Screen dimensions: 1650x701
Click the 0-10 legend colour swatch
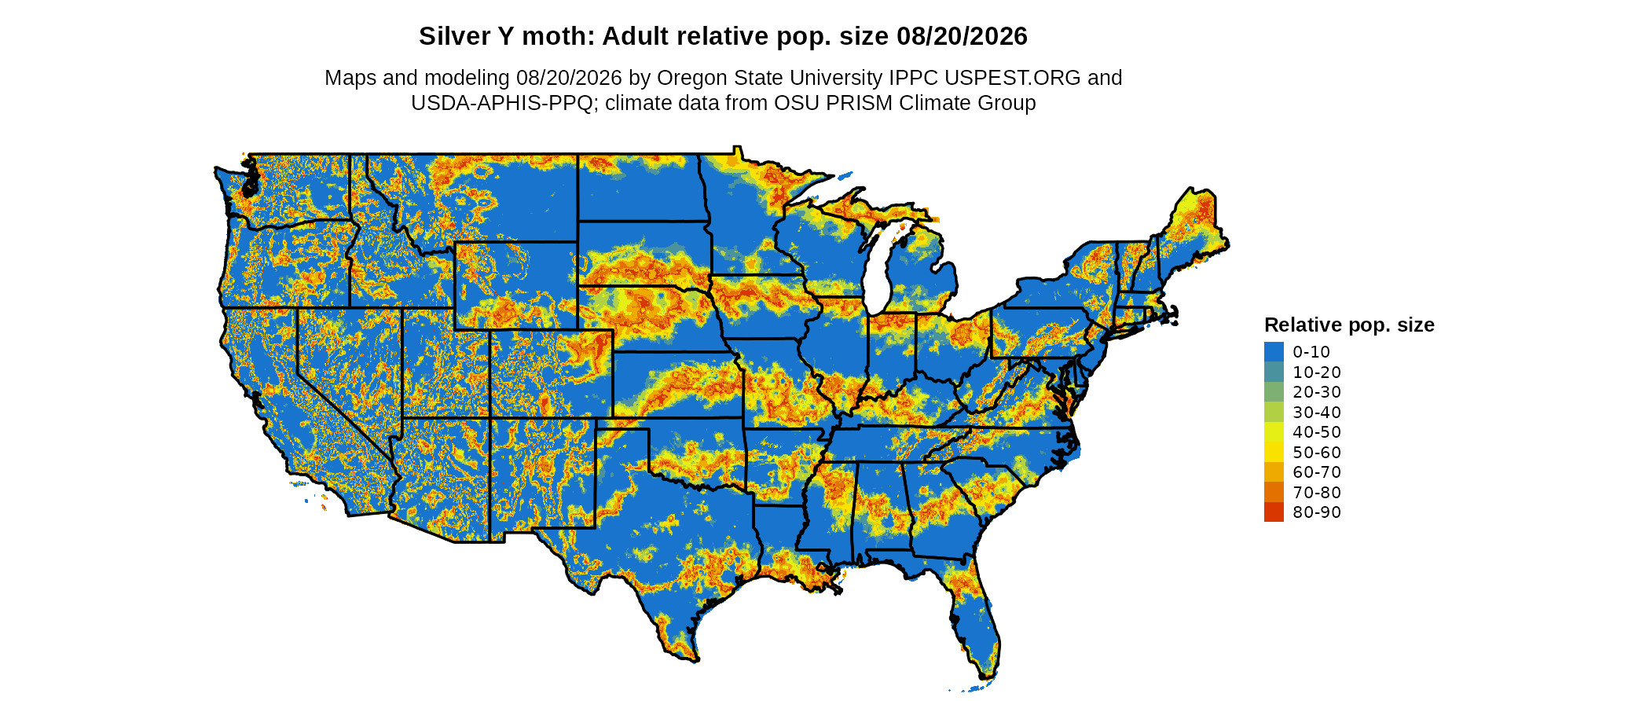coord(1274,352)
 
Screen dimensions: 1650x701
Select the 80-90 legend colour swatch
coord(1274,512)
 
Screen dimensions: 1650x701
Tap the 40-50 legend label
coord(1317,432)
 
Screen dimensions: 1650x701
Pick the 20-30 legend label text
coord(1317,392)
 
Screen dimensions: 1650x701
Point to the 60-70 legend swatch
coord(1274,472)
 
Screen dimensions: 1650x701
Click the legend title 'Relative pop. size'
coord(1349,325)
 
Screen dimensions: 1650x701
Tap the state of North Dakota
coord(640,188)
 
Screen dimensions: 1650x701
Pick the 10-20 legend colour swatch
coord(1274,373)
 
